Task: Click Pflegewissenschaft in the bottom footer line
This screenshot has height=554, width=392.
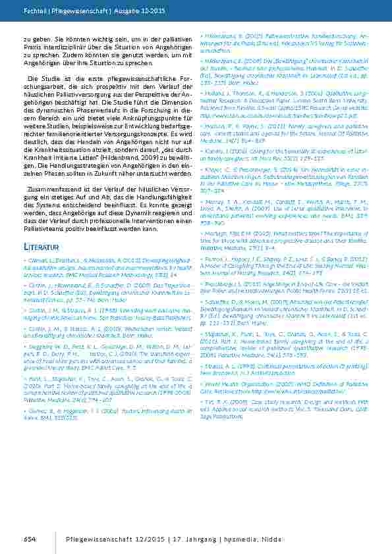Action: click(x=99, y=540)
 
